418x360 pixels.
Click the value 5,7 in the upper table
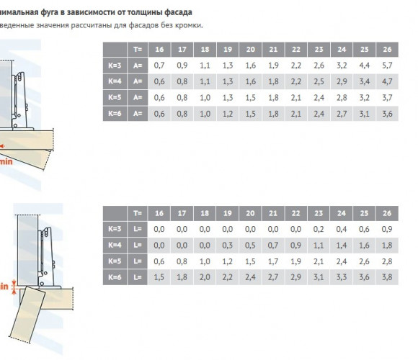pyautogui.click(x=387, y=66)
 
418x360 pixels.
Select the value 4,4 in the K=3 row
pyautogui.click(x=364, y=66)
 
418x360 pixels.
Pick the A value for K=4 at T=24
pyautogui.click(x=342, y=81)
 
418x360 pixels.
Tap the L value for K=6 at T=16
pyautogui.click(x=159, y=277)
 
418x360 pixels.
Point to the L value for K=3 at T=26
pyautogui.click(x=387, y=229)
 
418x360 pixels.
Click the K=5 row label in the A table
pyautogui.click(x=115, y=97)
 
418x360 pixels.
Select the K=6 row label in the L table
pyautogui.click(x=115, y=277)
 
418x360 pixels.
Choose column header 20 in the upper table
pyautogui.click(x=250, y=50)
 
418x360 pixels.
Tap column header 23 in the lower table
pyautogui.click(x=319, y=213)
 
